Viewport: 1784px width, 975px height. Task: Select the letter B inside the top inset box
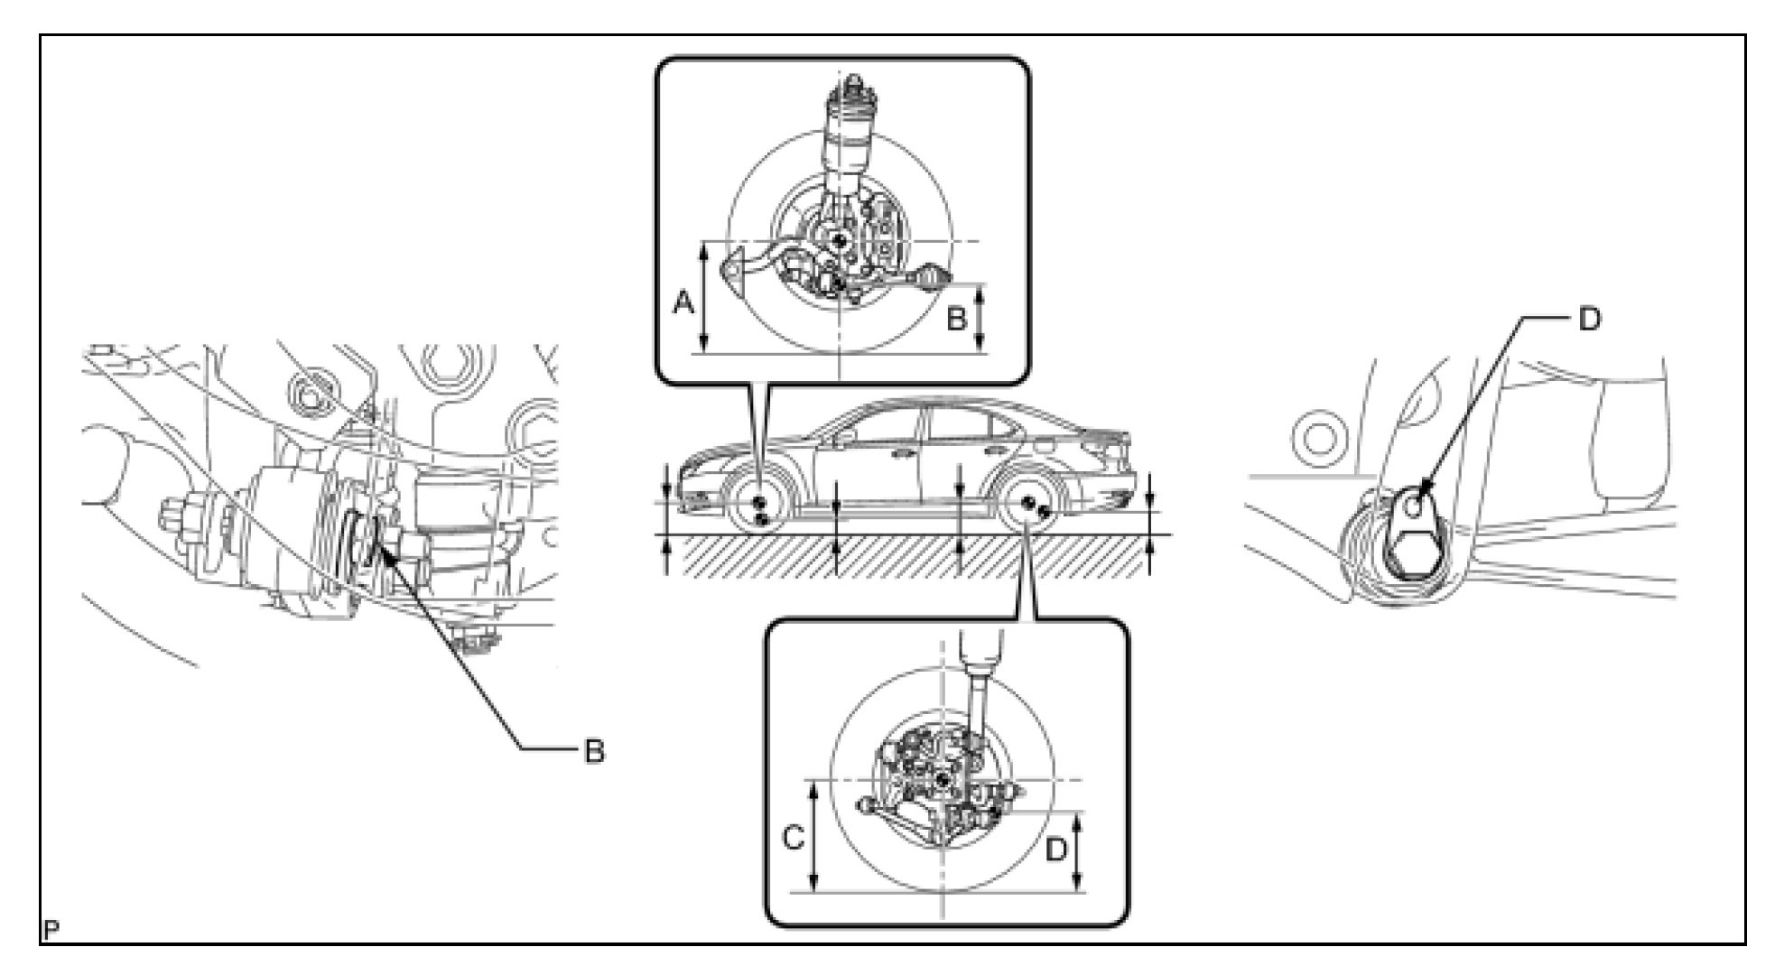[x=956, y=318]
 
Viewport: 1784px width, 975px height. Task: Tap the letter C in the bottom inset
[x=793, y=840]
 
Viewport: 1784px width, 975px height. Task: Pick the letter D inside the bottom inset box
[x=1056, y=850]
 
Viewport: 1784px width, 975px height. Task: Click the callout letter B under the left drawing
[x=593, y=750]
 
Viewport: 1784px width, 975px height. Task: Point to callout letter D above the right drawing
[x=1590, y=318]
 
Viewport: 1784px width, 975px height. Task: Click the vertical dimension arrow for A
[x=706, y=298]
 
